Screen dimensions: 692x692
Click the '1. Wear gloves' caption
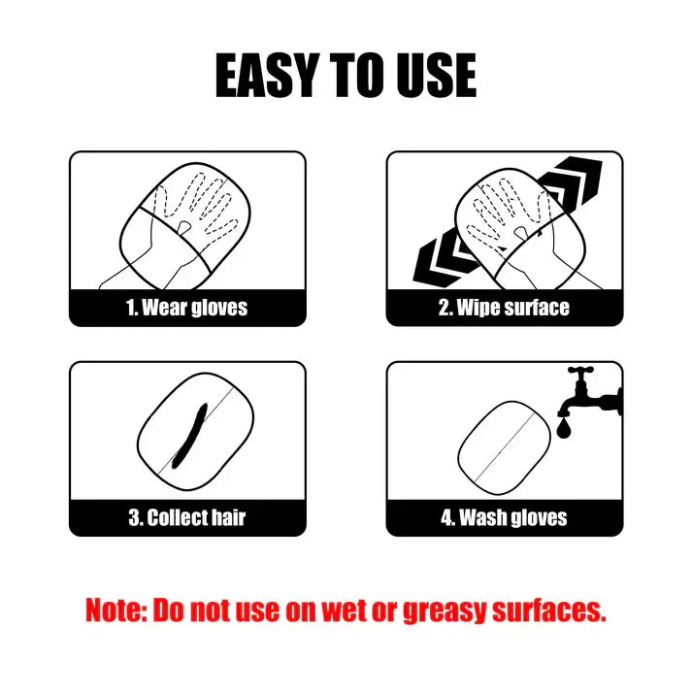(x=187, y=309)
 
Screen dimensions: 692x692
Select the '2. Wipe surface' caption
(x=505, y=309)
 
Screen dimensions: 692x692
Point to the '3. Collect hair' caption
(x=187, y=518)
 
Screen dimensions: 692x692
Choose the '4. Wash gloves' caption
(x=505, y=518)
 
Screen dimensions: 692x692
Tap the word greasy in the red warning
(x=448, y=611)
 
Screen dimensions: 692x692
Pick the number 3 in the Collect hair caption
(x=134, y=518)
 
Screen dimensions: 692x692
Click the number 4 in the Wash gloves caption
(x=447, y=518)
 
